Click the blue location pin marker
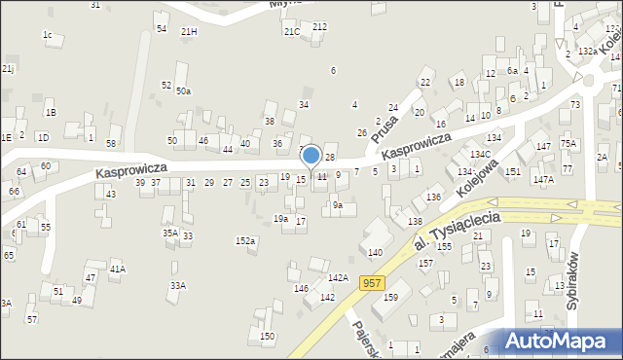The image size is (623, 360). point(311,156)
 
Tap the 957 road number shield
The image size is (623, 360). point(370,282)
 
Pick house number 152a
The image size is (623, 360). point(245,240)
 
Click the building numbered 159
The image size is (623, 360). point(390,298)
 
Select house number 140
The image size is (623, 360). point(375,252)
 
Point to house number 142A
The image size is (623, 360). point(338,278)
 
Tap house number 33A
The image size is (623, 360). point(177,285)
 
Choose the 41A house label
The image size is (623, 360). point(117,268)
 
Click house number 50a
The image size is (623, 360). point(183,91)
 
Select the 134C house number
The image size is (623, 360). point(479,155)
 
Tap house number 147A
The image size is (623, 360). point(542,180)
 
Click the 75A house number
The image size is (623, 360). point(568,144)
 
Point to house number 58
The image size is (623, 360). point(112,144)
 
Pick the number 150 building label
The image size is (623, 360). point(268,337)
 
